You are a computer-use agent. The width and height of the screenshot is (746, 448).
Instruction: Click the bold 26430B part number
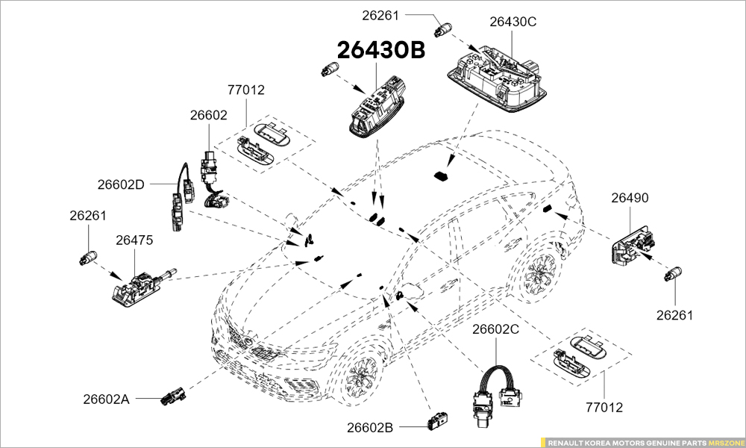pyautogui.click(x=381, y=50)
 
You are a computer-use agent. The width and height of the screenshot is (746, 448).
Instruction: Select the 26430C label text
pyautogui.click(x=513, y=22)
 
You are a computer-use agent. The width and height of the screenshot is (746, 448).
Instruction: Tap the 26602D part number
pyautogui.click(x=121, y=184)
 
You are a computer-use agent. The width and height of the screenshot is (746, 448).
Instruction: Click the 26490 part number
pyautogui.click(x=630, y=198)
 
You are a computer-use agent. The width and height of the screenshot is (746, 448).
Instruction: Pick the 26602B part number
pyautogui.click(x=370, y=427)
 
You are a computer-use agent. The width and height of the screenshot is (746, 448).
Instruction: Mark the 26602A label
pyautogui.click(x=106, y=399)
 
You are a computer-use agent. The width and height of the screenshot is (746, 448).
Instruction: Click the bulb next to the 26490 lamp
pyautogui.click(x=675, y=273)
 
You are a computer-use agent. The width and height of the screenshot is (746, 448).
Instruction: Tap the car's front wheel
pyautogui.click(x=366, y=373)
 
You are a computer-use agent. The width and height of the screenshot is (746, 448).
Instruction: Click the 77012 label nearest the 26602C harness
pyautogui.click(x=604, y=408)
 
